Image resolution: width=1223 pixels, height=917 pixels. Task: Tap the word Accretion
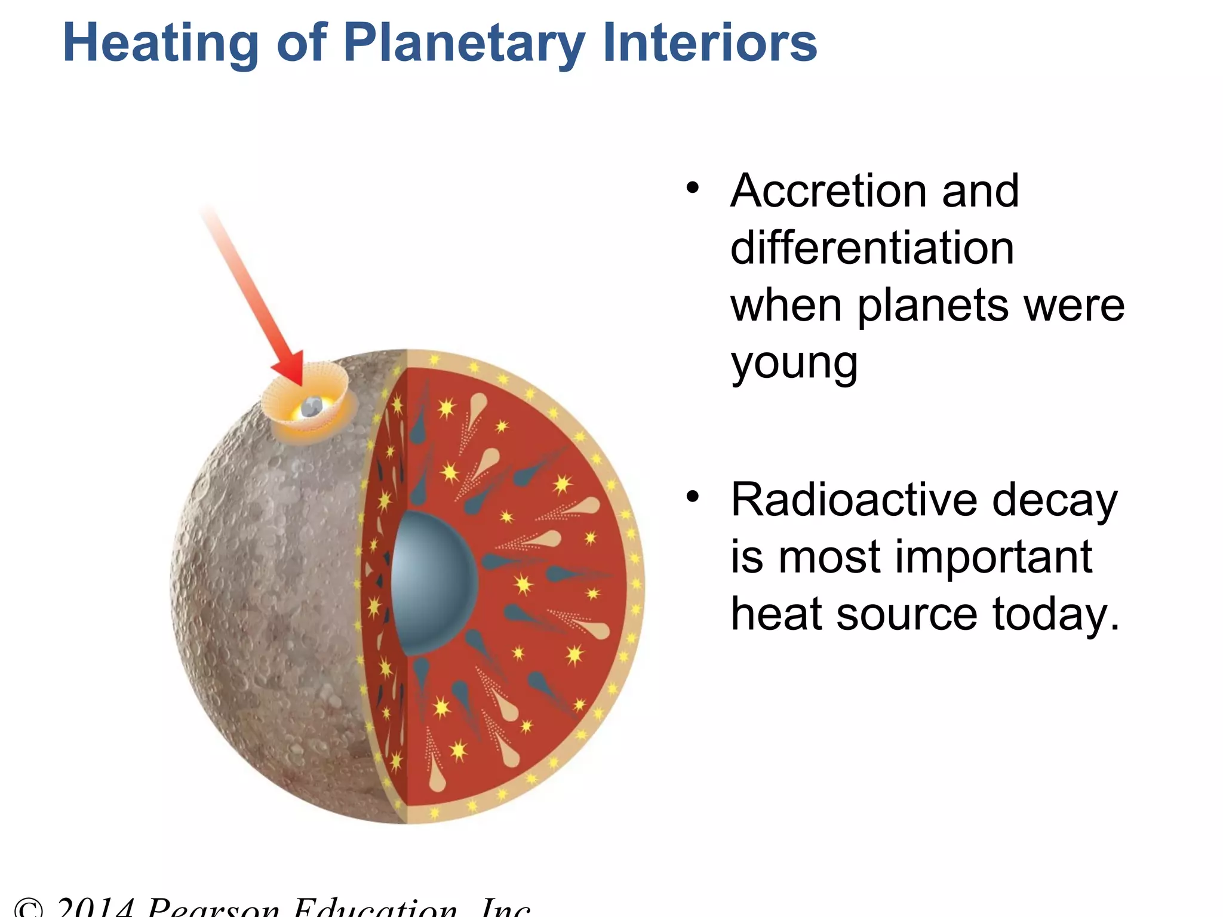coord(829,191)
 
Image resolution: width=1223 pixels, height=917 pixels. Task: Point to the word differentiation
coord(872,248)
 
